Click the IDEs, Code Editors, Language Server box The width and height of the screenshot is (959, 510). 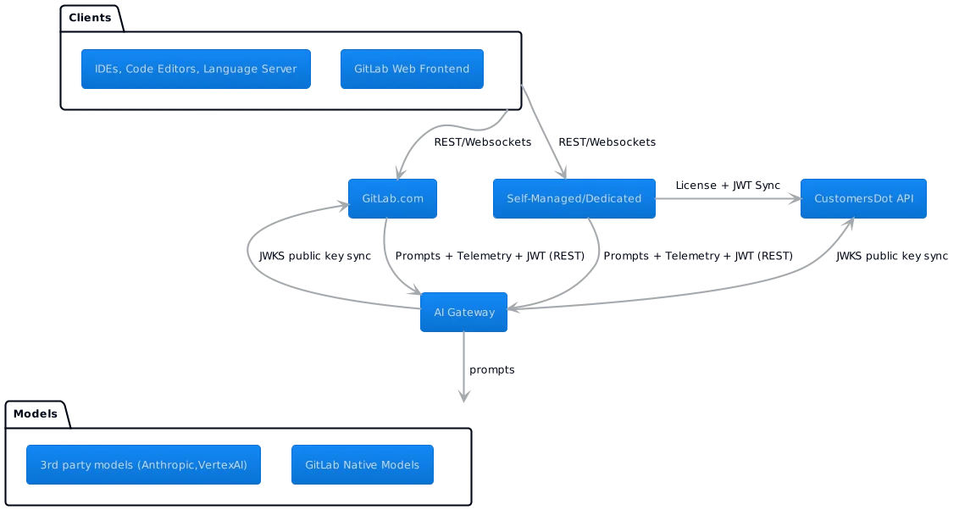[195, 69]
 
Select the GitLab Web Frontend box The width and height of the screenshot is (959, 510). [412, 69]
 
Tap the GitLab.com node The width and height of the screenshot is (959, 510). [391, 199]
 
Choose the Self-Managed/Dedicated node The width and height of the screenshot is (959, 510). [574, 199]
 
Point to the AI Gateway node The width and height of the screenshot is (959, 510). [463, 312]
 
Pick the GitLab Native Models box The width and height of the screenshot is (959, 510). [362, 465]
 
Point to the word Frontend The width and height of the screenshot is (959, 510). [442, 69]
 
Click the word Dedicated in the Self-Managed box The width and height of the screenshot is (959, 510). [614, 199]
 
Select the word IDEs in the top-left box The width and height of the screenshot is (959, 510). [107, 69]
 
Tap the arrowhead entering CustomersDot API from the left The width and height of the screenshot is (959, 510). [794, 200]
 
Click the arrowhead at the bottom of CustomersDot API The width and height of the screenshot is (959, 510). [847, 227]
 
